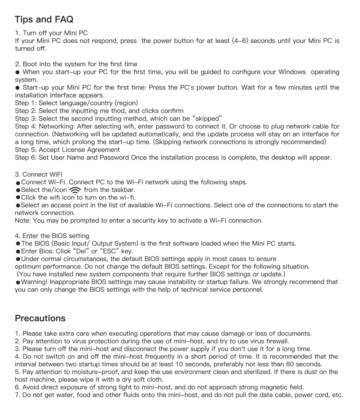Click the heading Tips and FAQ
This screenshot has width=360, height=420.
tap(44, 19)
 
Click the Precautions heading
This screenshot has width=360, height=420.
tap(40, 318)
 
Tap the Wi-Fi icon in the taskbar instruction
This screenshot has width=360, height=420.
tap(75, 190)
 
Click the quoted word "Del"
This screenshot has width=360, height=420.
tap(81, 251)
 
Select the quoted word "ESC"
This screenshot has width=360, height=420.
tap(109, 251)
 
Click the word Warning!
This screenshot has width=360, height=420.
tap(34, 282)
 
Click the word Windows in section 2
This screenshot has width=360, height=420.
tap(292, 72)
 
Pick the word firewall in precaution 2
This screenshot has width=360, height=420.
tap(277, 341)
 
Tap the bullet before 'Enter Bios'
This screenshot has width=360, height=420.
tap(18, 251)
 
